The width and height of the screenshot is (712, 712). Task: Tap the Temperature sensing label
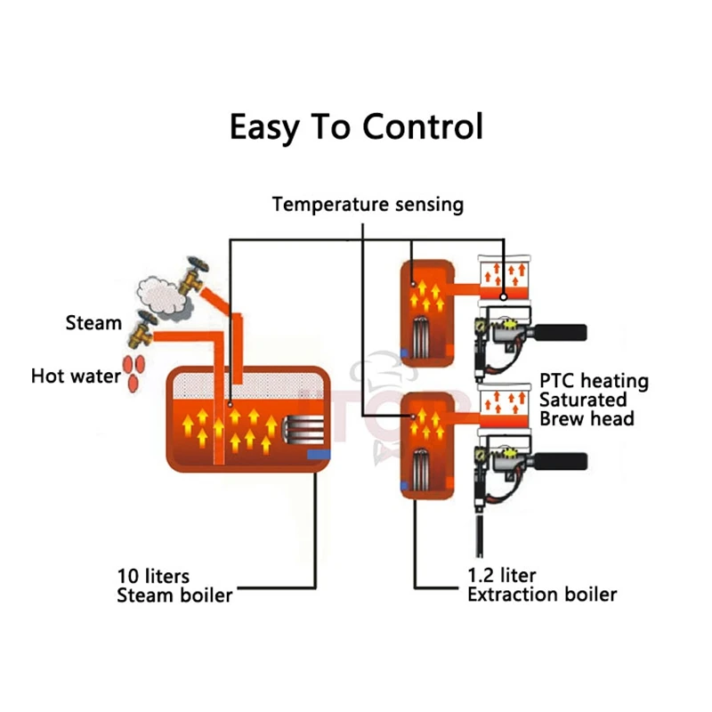368,204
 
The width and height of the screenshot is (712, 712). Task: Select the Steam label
93,322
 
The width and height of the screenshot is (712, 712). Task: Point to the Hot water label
76,376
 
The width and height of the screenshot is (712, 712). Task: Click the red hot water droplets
135,371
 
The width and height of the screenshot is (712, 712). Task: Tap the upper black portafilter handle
559,333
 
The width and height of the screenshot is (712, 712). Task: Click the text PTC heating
594,382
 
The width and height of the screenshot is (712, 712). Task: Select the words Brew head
587,418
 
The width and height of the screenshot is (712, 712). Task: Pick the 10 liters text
153,576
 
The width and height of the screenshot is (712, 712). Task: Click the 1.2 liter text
502,576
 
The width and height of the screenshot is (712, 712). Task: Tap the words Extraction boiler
542,595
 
